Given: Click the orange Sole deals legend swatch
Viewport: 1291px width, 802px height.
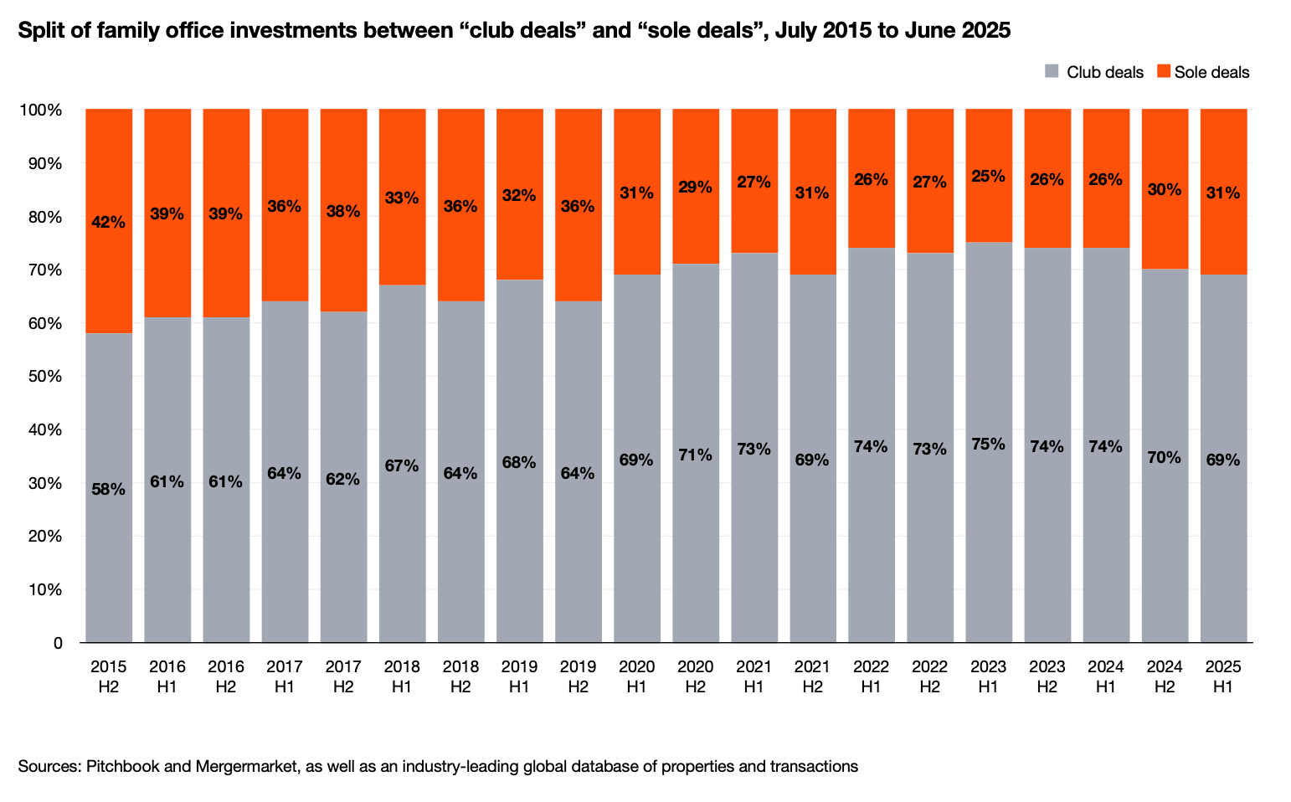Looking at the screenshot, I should pos(1163,72).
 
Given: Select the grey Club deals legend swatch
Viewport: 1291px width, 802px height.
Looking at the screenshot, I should pos(1052,72).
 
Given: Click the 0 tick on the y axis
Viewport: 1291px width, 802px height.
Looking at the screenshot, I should pos(58,643).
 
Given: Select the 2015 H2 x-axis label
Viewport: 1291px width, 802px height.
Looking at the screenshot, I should pos(109,676).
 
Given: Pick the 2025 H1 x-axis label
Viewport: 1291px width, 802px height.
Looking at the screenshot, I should pos(1223,676).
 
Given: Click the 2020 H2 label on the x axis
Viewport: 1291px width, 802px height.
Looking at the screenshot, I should pos(695,676).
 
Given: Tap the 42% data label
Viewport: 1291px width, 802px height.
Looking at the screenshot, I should pos(109,223).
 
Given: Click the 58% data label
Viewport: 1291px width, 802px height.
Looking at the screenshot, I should pos(109,490).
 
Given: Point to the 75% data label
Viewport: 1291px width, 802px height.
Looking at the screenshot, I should pos(989,444).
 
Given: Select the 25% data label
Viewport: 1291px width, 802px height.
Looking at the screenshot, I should pos(989,177).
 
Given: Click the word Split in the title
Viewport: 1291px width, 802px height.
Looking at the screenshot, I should pos(39,31).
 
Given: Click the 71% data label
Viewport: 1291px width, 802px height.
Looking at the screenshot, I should pos(695,455).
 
